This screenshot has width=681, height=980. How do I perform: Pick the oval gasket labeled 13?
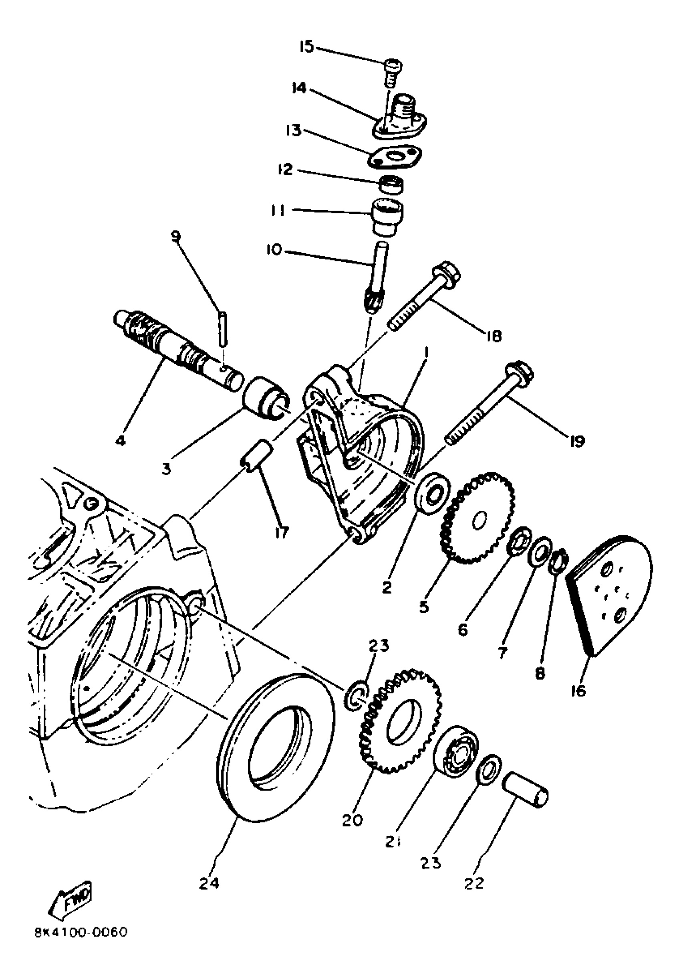pyautogui.click(x=394, y=158)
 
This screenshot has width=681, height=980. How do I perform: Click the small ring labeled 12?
pyautogui.click(x=392, y=185)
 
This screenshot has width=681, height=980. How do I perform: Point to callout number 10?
pyautogui.click(x=274, y=250)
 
